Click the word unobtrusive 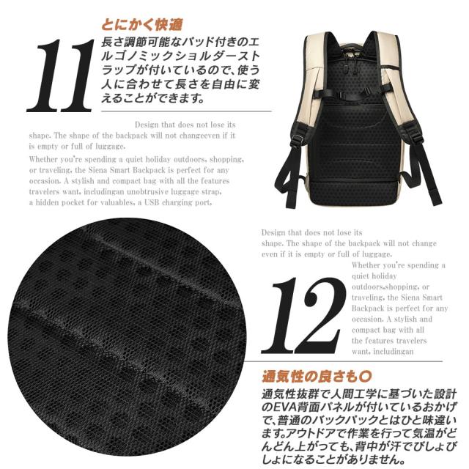point(150,192)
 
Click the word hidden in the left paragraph point(53,203)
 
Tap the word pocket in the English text point(82,203)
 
